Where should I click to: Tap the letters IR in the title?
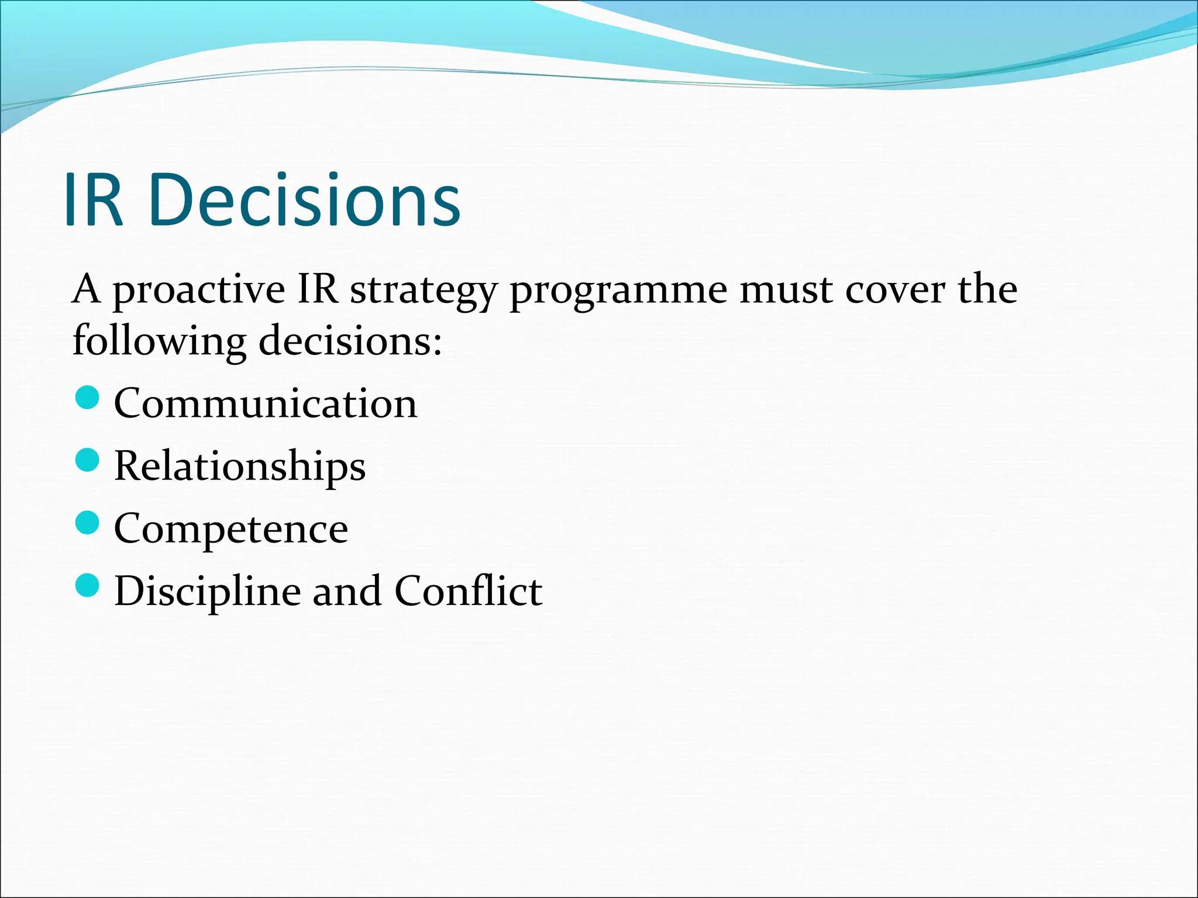pos(94,200)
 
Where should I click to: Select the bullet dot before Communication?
pos(88,398)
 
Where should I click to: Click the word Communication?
pos(266,403)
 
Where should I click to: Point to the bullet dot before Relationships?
pos(88,460)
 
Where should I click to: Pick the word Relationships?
pos(240,467)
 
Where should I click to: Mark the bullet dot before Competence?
pos(88,523)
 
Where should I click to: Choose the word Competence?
pos(231,529)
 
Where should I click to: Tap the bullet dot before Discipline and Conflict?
pos(88,585)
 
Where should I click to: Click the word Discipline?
pos(208,591)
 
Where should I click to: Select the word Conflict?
pos(468,591)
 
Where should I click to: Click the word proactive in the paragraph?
pos(199,291)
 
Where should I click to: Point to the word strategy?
pos(423,291)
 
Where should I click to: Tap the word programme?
pos(618,291)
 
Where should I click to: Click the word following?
pos(159,342)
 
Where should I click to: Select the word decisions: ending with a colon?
pos(350,341)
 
